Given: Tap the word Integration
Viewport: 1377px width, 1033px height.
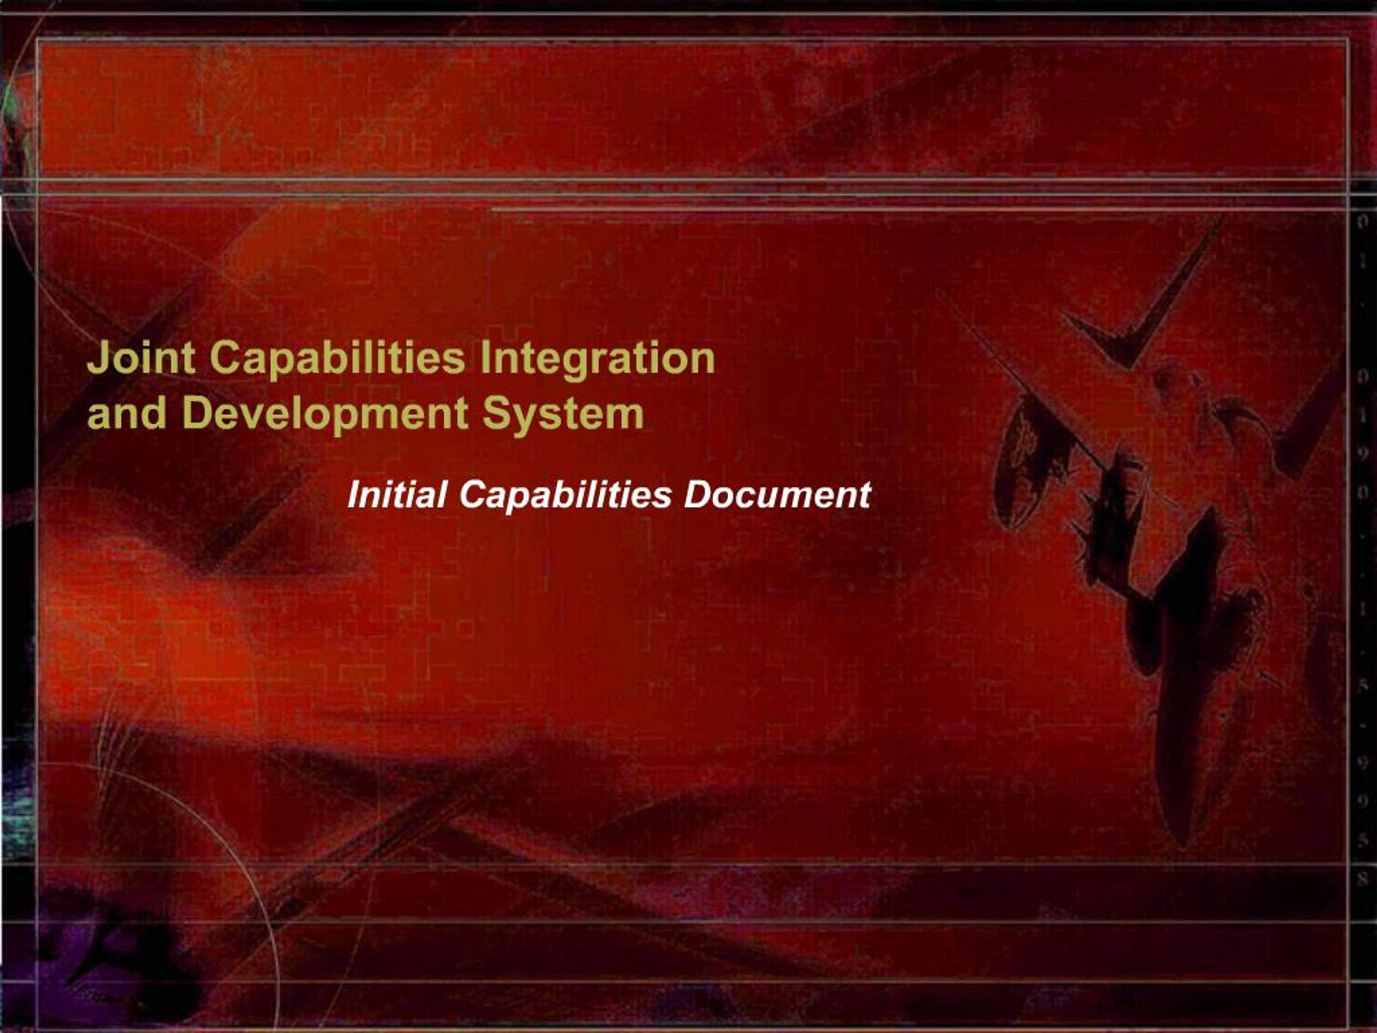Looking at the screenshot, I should click(597, 360).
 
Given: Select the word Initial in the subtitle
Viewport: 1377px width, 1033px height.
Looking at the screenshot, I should click(397, 495).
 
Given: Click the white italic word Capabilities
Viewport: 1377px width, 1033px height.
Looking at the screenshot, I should click(565, 496).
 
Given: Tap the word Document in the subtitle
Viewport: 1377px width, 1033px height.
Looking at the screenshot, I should click(776, 495).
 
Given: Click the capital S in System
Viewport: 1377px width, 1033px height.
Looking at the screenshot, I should click(498, 413).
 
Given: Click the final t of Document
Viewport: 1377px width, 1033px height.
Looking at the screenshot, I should click(864, 496).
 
